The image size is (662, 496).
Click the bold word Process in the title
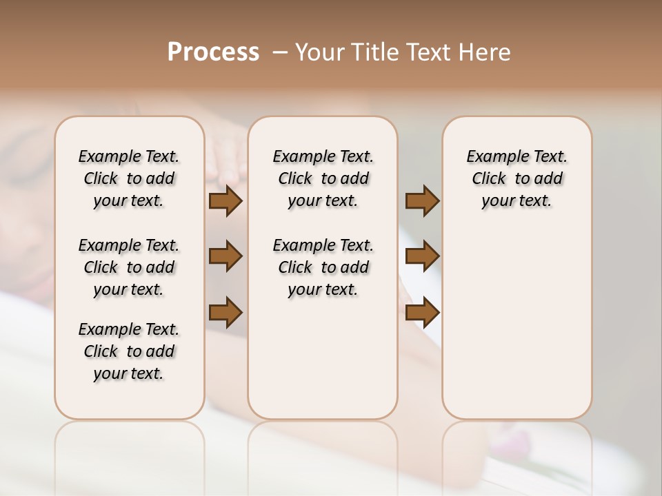[x=213, y=52]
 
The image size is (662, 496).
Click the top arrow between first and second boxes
[x=225, y=200]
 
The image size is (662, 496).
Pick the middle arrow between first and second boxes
[x=225, y=256]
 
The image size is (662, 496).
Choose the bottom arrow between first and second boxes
[x=225, y=312]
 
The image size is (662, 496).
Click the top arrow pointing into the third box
[x=422, y=200]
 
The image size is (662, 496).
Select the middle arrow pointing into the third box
[x=422, y=256]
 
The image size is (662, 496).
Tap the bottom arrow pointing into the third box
[x=422, y=312]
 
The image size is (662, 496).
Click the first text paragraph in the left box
[x=129, y=178]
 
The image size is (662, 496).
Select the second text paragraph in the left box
[x=129, y=267]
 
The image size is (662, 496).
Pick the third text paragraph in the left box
[x=129, y=351]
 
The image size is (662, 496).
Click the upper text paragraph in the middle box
[x=323, y=178]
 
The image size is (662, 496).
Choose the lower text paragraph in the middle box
[x=323, y=267]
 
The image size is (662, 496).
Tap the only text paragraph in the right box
[x=516, y=178]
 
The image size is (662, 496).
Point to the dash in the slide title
[x=280, y=52]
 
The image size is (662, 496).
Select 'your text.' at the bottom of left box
[x=129, y=373]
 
